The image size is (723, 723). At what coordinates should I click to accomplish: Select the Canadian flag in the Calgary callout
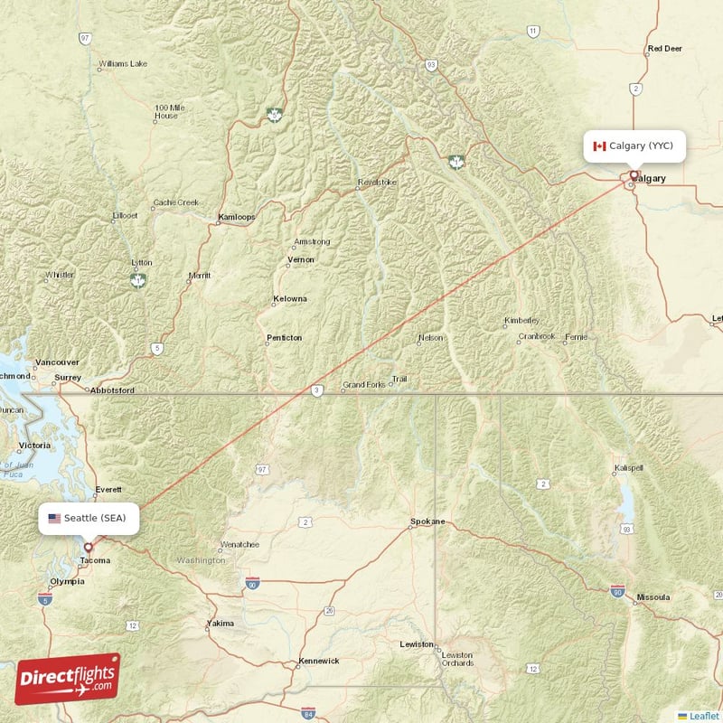click(599, 146)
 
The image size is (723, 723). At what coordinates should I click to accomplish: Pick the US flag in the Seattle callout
click(55, 518)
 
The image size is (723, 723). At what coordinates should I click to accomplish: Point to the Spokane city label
click(427, 521)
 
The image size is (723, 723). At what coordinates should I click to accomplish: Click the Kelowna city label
click(290, 298)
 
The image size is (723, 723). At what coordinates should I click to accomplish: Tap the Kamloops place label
click(237, 217)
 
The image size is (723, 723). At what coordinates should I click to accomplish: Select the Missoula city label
click(653, 597)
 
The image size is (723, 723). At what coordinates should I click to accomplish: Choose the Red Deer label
click(664, 49)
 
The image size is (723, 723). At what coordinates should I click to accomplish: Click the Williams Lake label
click(123, 64)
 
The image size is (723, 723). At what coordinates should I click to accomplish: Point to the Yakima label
click(220, 623)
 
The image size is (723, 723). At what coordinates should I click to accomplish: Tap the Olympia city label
click(67, 581)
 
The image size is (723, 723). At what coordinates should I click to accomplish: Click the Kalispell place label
click(627, 468)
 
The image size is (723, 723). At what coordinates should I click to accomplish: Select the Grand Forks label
click(363, 385)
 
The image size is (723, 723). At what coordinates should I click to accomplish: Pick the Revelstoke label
click(377, 182)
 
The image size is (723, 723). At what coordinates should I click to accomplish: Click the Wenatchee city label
click(239, 544)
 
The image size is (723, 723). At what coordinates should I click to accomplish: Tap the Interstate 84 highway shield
click(308, 713)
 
